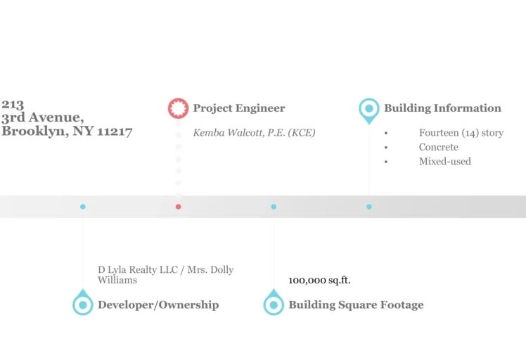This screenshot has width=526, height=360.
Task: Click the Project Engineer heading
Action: (239, 108)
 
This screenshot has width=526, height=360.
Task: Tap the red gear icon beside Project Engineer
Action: (178, 108)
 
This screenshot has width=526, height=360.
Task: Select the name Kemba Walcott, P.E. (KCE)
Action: (254, 133)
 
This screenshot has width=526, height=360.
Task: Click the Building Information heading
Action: (442, 108)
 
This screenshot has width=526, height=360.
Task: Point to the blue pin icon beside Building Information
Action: (368, 109)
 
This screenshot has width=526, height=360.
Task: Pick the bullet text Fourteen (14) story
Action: (461, 133)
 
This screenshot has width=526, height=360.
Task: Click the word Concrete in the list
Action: (438, 147)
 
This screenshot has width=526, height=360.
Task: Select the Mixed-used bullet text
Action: (444, 161)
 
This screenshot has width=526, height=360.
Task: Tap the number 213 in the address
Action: (13, 105)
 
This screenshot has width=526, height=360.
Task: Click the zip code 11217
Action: (115, 131)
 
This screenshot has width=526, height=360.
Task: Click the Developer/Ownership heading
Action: (158, 304)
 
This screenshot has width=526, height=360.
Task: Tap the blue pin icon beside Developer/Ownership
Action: (83, 304)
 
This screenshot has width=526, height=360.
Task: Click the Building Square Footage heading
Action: (356, 304)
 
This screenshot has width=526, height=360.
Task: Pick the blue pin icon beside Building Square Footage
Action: (274, 304)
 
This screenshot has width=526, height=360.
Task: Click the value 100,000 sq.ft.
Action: (319, 281)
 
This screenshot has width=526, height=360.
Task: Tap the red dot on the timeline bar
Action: (178, 207)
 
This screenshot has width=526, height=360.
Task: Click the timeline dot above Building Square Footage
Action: (274, 207)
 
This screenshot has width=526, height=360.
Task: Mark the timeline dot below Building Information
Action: (369, 207)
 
